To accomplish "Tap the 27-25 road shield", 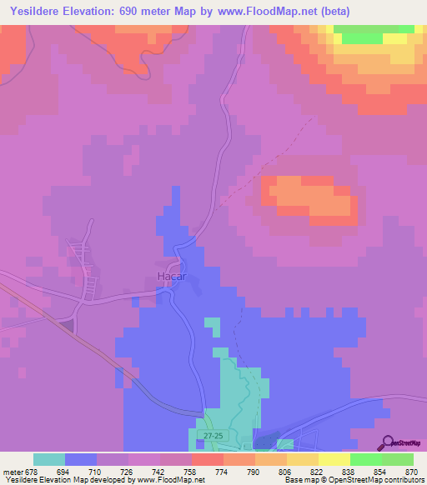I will point(213,435).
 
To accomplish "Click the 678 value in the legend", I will point(33,472).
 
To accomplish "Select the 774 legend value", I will point(223,472).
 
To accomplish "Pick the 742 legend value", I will point(159,472).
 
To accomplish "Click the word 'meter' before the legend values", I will point(12,472).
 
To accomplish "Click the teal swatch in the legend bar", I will point(49,459).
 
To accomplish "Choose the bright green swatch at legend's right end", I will point(398,459).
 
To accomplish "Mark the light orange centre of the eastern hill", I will point(309,196).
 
